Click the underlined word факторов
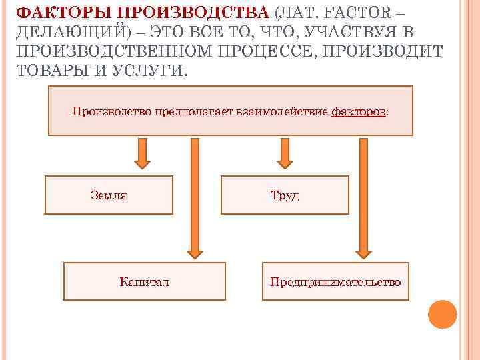click(x=358, y=111)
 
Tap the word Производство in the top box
click(x=112, y=111)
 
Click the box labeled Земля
click(x=109, y=195)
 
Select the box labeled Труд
click(x=285, y=195)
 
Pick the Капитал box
click(x=144, y=281)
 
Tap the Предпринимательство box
click(x=335, y=281)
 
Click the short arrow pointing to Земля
click(x=142, y=153)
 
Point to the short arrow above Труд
click(x=285, y=153)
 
